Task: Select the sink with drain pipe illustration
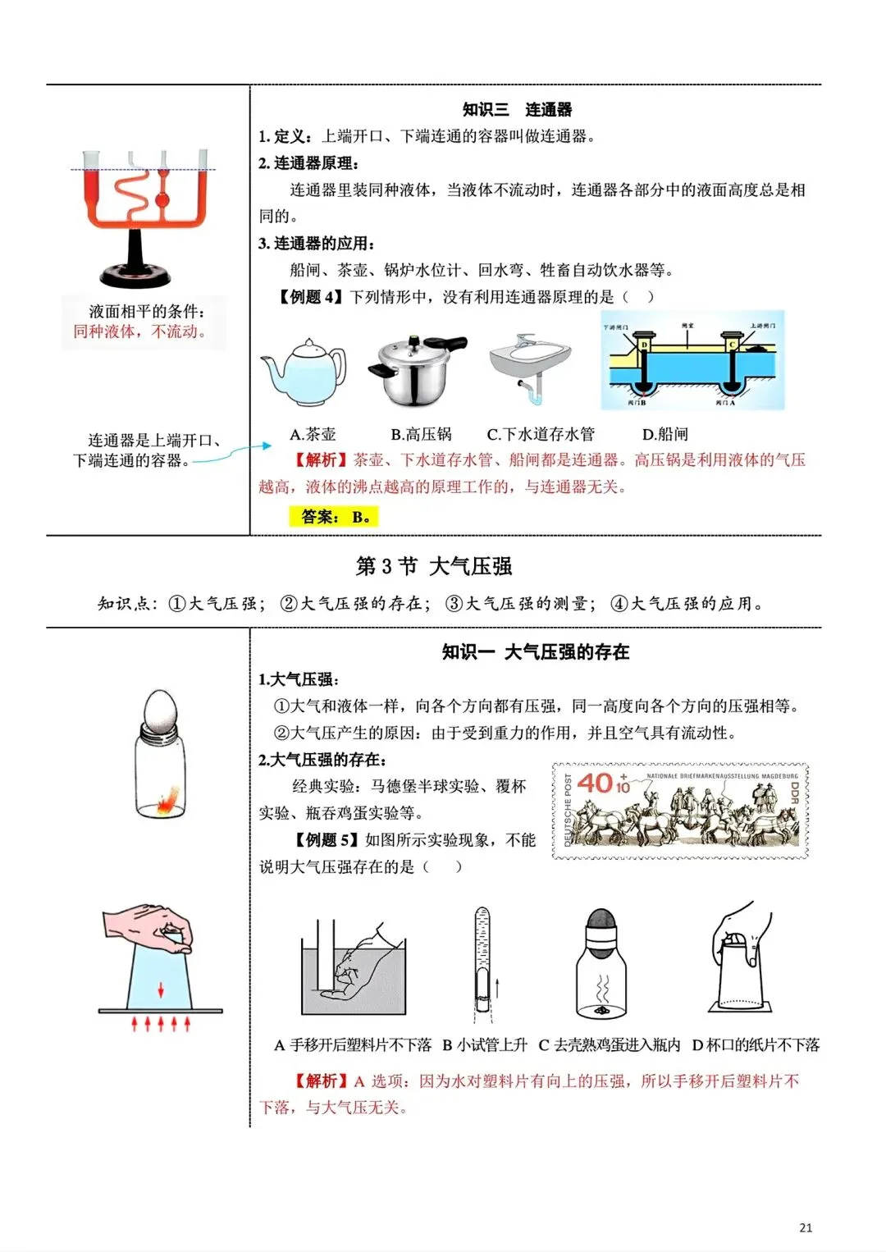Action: pyautogui.click(x=529, y=366)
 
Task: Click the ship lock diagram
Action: pyautogui.click(x=693, y=361)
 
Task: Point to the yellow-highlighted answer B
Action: pyautogui.click(x=335, y=517)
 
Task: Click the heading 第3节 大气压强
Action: pyautogui.click(x=434, y=566)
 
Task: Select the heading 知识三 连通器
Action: pyautogui.click(x=517, y=109)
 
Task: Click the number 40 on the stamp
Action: pyautogui.click(x=596, y=782)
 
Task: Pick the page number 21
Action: pyautogui.click(x=805, y=1227)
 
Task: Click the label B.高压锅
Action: pyautogui.click(x=421, y=434)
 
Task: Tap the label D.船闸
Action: pyautogui.click(x=664, y=434)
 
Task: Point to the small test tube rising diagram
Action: pyautogui.click(x=482, y=960)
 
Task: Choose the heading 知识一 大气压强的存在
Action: pyautogui.click(x=535, y=652)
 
